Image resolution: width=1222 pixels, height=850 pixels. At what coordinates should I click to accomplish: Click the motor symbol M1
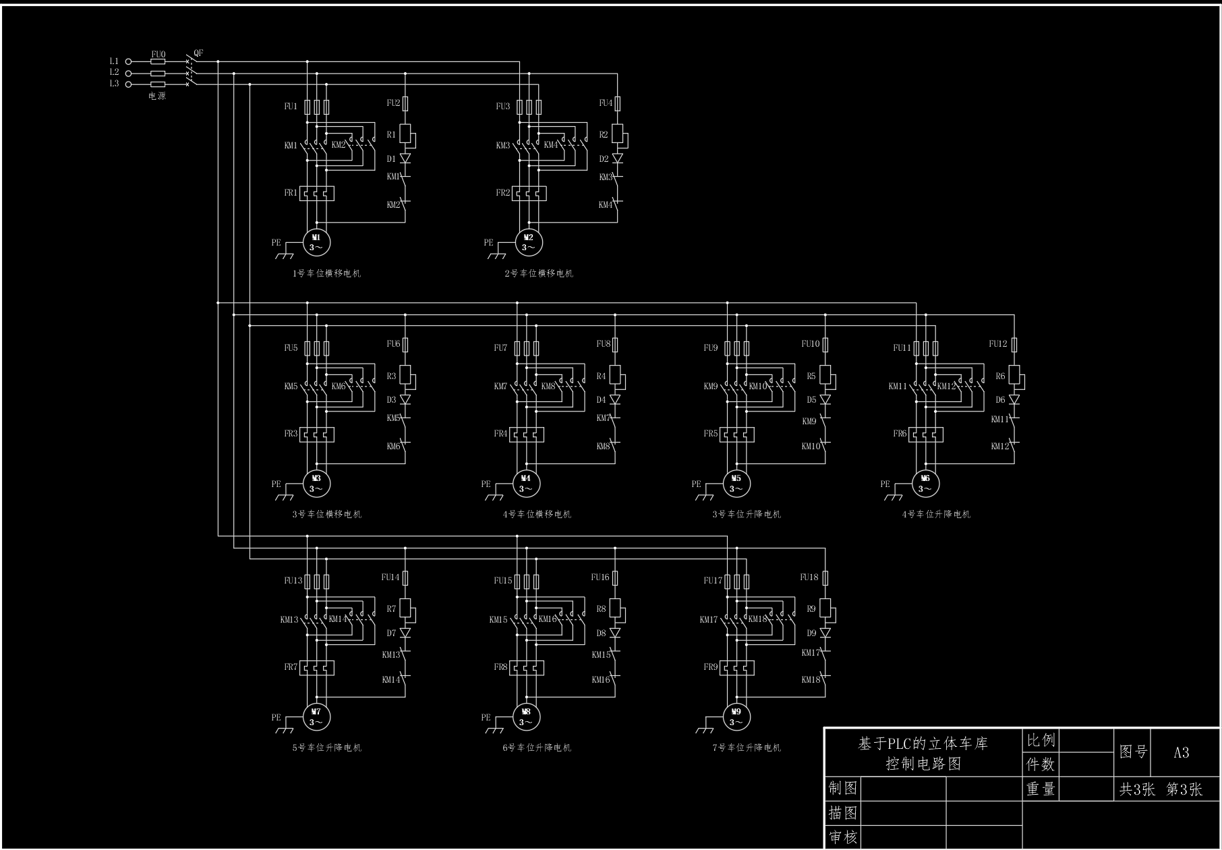[x=316, y=242]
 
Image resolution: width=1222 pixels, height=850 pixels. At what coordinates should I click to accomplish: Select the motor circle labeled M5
[x=736, y=484]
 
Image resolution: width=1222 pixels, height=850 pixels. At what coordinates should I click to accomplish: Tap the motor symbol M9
[x=736, y=716]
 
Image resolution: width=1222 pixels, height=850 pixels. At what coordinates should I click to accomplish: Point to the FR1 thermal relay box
[x=316, y=194]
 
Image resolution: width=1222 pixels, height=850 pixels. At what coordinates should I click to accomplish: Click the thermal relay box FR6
[x=925, y=434]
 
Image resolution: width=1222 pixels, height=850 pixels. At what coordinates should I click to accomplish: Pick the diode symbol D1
[x=405, y=159]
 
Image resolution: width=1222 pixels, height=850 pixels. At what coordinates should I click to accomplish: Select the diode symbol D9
[x=825, y=633]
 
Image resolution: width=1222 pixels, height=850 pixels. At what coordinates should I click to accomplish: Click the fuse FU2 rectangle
[x=405, y=103]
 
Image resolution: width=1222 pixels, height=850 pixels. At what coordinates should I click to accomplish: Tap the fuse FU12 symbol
[x=1014, y=345]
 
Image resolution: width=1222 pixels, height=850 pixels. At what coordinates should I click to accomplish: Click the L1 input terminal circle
[x=129, y=61]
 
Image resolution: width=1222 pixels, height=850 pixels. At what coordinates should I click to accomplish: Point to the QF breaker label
[x=198, y=53]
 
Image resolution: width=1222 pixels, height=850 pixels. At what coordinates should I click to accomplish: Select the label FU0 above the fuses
[x=158, y=54]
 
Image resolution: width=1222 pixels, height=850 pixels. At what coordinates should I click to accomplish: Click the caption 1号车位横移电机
[x=326, y=273]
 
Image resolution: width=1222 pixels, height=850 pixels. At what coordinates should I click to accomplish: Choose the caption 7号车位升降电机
[x=747, y=747]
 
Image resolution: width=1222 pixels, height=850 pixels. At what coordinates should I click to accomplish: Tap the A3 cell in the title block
[x=1182, y=753]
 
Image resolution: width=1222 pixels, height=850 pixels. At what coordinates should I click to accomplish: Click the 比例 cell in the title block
[x=1041, y=740]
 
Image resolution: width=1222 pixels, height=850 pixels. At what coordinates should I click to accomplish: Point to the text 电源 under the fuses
[x=157, y=96]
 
